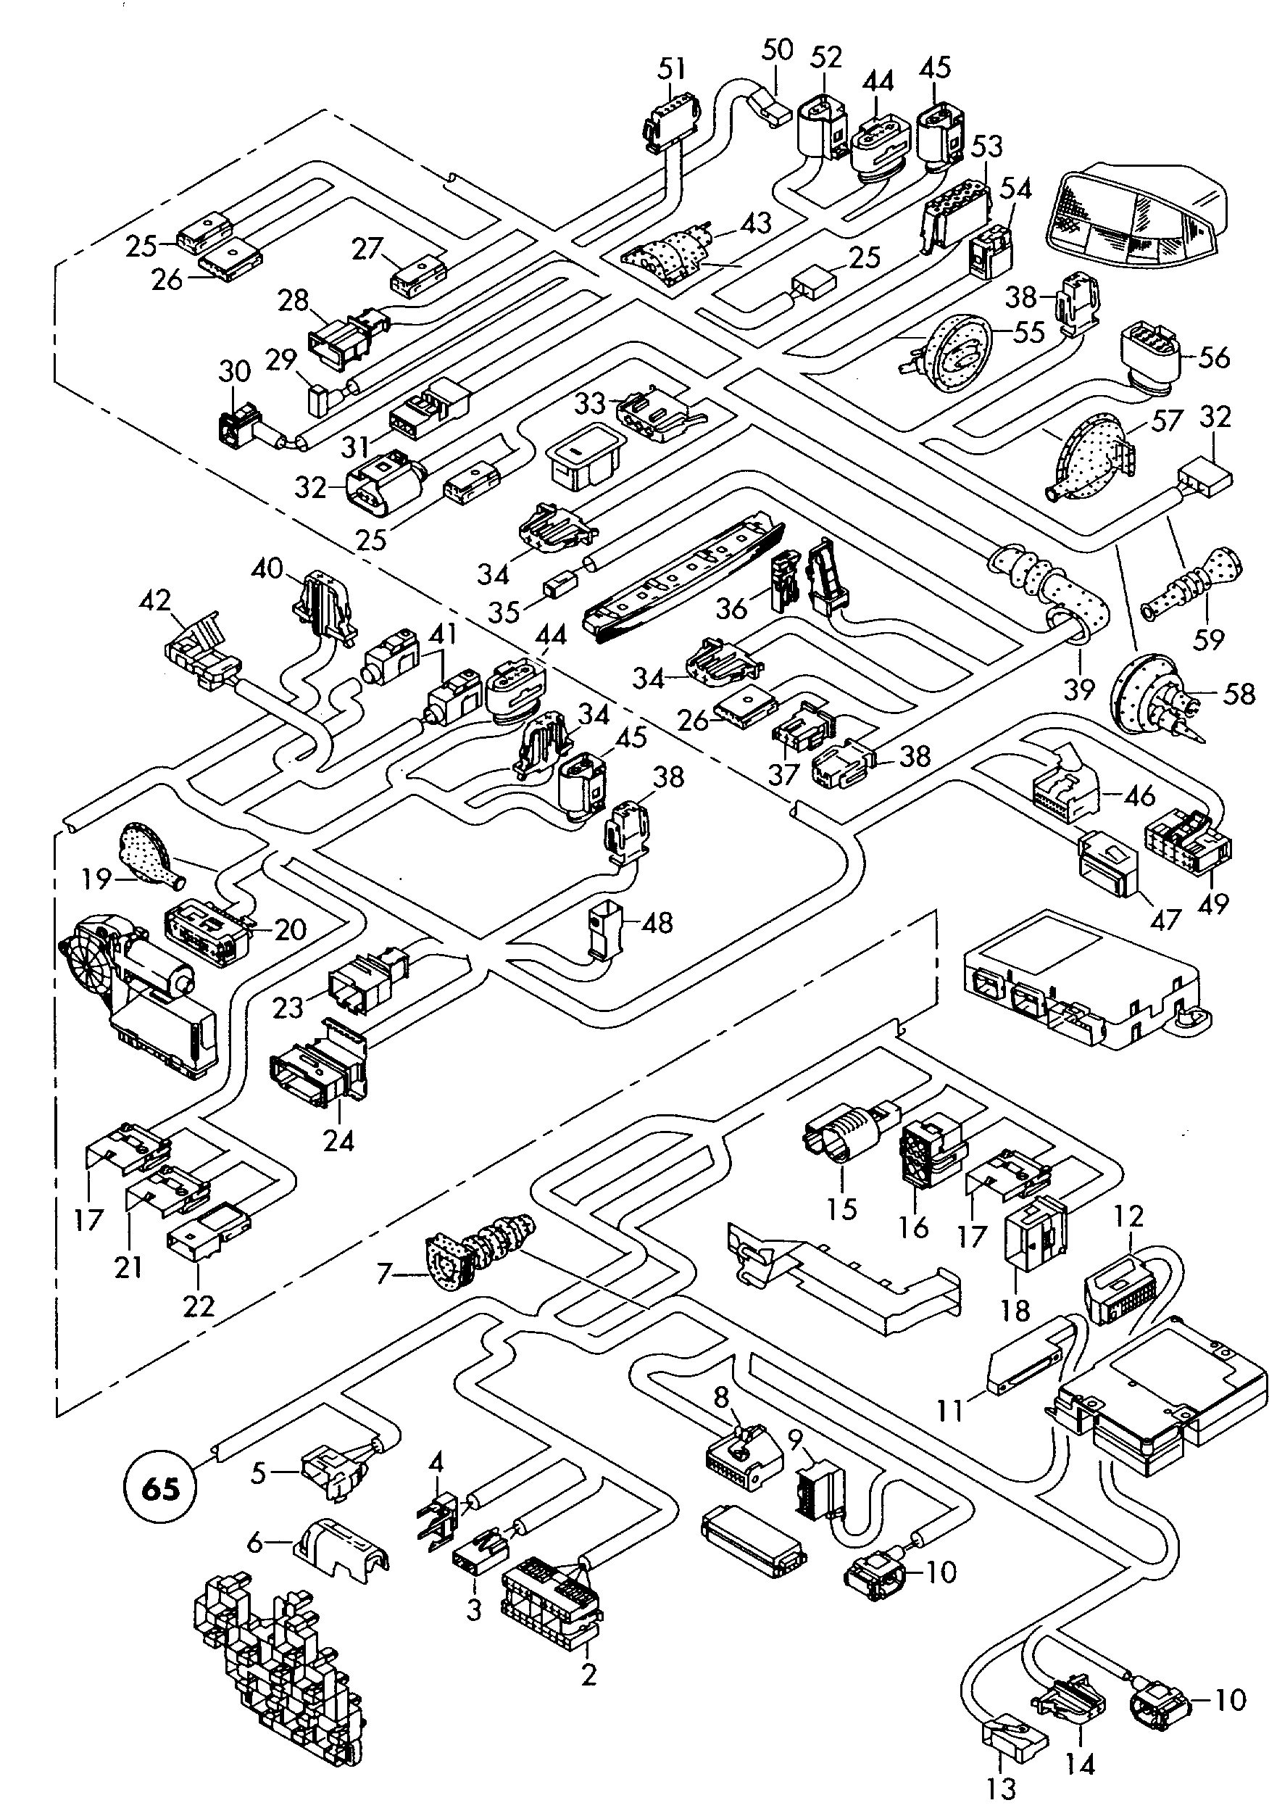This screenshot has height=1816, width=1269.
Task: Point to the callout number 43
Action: [755, 223]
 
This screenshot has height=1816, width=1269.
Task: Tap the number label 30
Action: [234, 371]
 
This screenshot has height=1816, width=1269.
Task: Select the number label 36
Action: [732, 608]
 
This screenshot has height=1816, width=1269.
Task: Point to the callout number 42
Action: [154, 601]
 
